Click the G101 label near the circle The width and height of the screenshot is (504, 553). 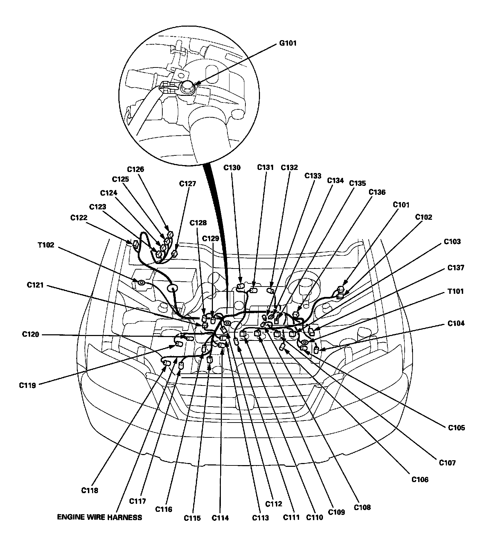288,44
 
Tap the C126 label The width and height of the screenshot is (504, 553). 135,170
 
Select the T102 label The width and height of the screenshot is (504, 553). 46,245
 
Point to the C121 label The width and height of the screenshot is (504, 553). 35,285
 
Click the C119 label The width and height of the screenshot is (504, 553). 27,385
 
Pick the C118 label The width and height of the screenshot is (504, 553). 90,490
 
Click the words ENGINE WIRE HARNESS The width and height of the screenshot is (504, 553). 99,517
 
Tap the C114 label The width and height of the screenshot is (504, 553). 220,518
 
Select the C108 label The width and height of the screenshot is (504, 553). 362,507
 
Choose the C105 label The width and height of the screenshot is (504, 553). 457,428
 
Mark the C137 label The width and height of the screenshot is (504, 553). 456,268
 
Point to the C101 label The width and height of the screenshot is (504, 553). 401,205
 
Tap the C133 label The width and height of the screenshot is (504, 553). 313,176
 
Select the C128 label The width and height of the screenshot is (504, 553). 198,223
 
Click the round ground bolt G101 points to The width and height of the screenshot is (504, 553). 187,85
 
